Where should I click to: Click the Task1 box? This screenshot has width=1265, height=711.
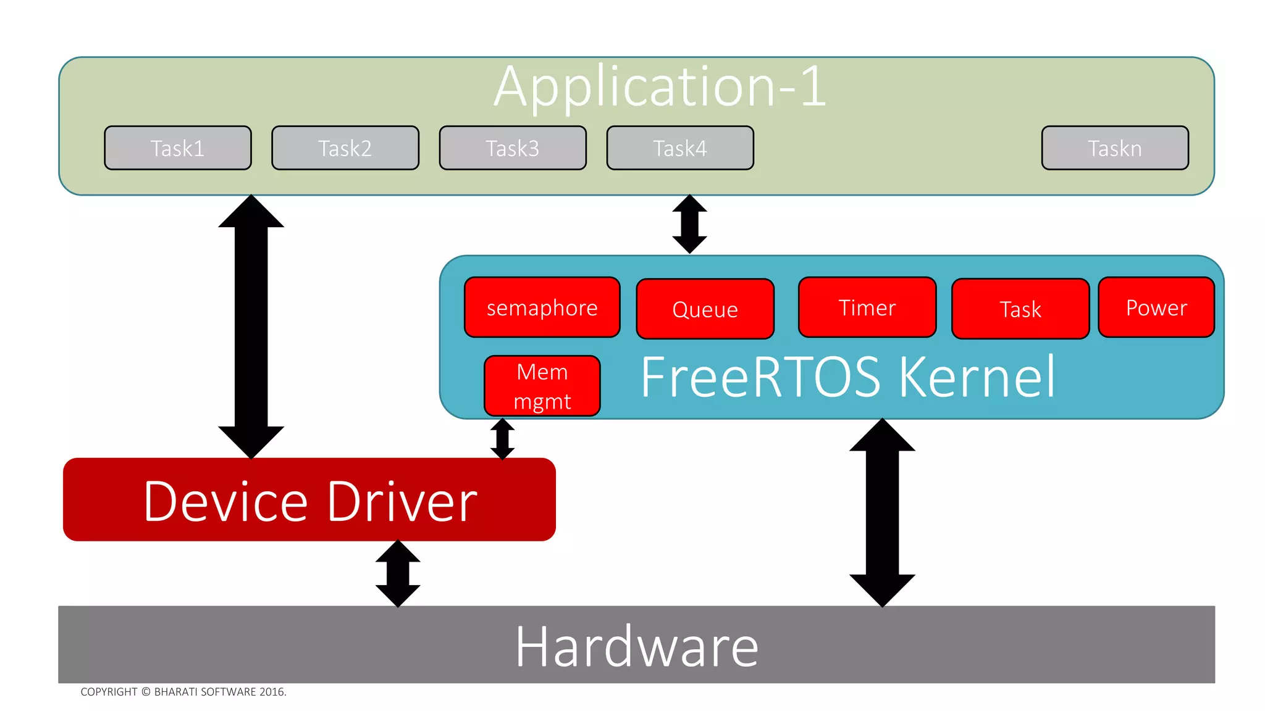tap(178, 148)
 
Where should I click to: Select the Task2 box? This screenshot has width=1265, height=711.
tap(345, 148)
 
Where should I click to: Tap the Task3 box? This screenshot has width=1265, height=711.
tap(513, 148)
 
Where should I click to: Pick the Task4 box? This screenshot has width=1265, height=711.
tap(680, 148)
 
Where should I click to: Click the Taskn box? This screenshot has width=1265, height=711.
tap(1115, 148)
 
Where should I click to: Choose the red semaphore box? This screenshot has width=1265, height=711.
tap(542, 307)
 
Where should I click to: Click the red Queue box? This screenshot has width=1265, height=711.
tap(705, 309)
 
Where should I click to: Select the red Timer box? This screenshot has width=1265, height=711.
tap(867, 307)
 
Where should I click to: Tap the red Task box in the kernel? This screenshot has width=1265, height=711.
tap(1020, 309)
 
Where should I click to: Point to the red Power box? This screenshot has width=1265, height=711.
tap(1156, 307)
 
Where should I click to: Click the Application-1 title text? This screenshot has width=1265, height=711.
tap(660, 87)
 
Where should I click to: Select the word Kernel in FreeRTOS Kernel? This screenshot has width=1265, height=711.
tap(977, 377)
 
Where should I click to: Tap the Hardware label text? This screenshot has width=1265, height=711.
tap(637, 646)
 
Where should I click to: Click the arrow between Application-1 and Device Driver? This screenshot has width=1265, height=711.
tap(251, 327)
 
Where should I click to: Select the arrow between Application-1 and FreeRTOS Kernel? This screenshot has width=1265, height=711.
tap(689, 224)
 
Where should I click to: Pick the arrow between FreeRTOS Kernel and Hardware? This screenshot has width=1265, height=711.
tap(882, 512)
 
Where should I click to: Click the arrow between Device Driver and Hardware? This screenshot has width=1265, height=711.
tap(398, 574)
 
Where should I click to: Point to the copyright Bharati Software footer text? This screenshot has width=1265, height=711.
tap(183, 692)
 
